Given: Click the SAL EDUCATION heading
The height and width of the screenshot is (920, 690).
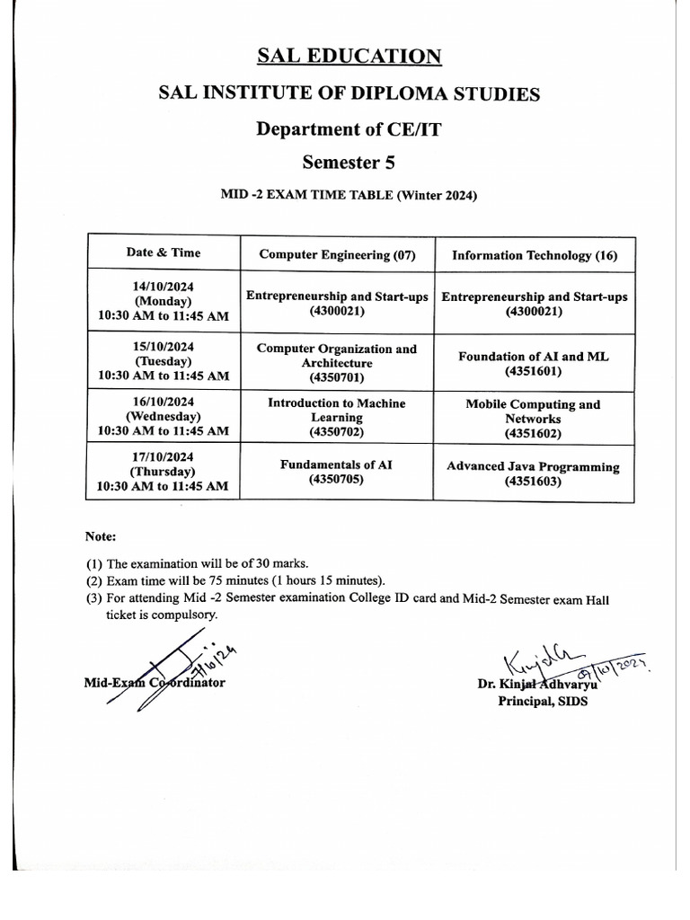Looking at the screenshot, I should point(349,57).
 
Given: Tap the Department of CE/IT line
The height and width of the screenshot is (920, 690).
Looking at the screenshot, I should point(349,128).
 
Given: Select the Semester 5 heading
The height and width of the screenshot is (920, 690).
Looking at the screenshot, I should point(349,163).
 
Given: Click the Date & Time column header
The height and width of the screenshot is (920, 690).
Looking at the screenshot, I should point(164,253).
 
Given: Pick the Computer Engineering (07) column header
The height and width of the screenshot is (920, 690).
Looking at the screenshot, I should point(337,255).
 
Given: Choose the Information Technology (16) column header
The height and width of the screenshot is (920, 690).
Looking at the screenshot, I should point(535,255).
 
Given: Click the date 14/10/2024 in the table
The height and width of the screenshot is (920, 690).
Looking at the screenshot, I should point(164,287).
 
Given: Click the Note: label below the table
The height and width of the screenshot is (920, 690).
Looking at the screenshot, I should point(101,536).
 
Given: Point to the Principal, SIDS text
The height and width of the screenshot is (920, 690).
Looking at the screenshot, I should point(543,701).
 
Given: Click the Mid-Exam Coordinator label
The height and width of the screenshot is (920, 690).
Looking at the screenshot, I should point(154,683).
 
